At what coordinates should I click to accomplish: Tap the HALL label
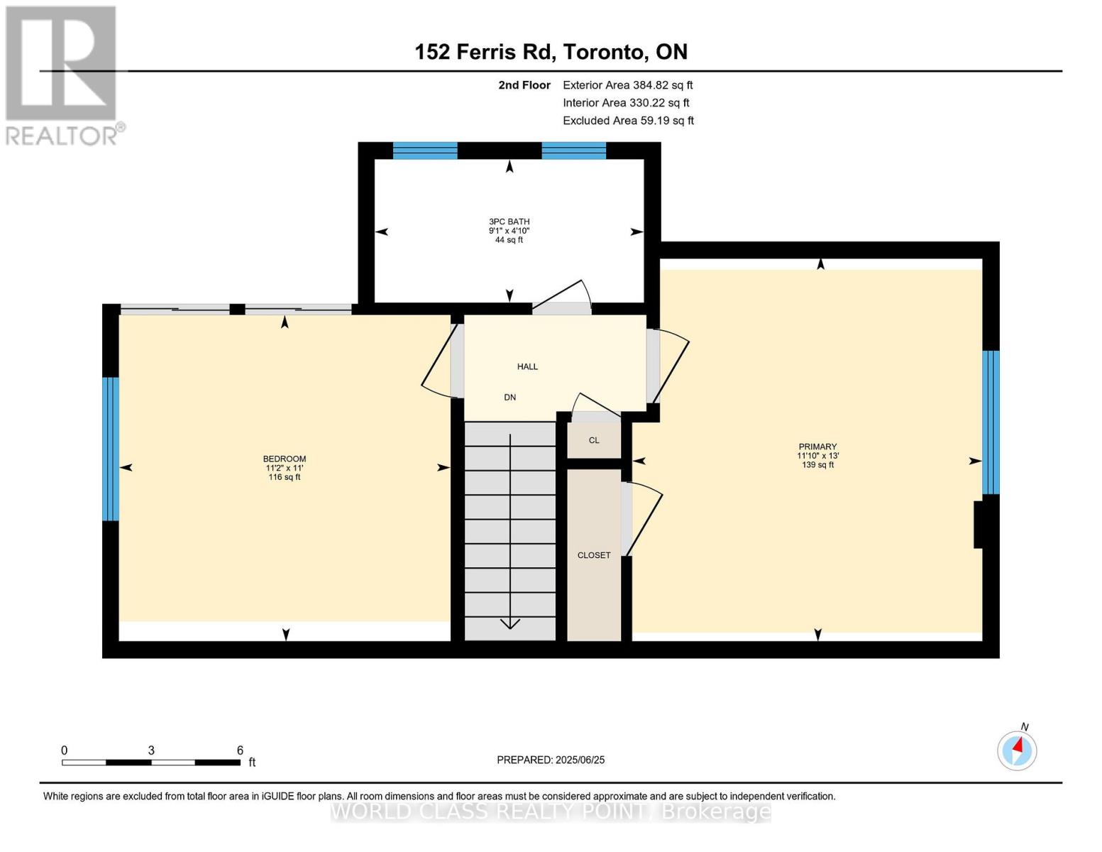pos(527,366)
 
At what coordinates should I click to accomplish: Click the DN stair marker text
pos(509,397)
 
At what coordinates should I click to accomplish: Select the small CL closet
pos(594,440)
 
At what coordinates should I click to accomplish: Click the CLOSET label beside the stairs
pos(593,555)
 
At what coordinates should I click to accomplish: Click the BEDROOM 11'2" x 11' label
pos(284,467)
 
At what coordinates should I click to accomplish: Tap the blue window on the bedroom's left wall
pos(111,449)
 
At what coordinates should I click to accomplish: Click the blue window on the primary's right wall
pos(991,422)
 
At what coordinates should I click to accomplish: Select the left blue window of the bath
pos(425,150)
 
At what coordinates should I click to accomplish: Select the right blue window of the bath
pos(573,150)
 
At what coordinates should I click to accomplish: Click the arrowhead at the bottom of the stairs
pos(509,623)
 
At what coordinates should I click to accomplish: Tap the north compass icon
pos(1017,750)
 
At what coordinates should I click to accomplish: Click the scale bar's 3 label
pos(151,750)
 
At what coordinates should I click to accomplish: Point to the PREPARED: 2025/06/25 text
pos(551,760)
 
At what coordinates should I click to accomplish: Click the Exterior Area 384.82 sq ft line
pos(627,84)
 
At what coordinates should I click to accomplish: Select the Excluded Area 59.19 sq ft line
pos(628,120)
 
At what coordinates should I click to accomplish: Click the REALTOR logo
pos(62,75)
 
